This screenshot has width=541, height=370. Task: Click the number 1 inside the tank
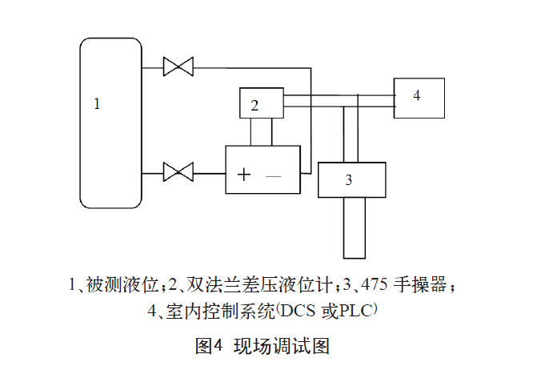[97, 103]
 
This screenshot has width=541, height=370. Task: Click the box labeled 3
[353, 179]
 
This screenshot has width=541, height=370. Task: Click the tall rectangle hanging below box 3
[355, 227]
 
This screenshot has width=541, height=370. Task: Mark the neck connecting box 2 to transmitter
[262, 131]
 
